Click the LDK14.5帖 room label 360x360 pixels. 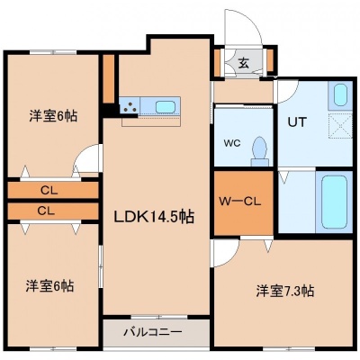pos(154,217)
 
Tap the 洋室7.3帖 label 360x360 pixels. pos(285,291)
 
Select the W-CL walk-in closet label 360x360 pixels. pos(239,202)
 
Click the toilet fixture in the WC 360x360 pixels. pos(259,151)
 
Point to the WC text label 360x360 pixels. pos(232,143)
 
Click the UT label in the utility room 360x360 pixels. pos(297,122)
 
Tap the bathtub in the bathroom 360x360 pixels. pos(334,202)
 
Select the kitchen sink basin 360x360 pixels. pos(166,107)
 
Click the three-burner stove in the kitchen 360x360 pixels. pos(130,105)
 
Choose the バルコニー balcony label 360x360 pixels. pos(153,332)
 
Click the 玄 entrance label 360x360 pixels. pos(244,63)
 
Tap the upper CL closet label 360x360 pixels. pos(49,191)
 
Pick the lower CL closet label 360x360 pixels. pos(47,211)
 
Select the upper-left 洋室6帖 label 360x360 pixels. pos(53,116)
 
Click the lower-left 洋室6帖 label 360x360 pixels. pos(49,286)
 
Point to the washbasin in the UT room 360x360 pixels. pos(340,94)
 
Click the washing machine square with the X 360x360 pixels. pos(340,127)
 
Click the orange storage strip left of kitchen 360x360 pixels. pos(109,78)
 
